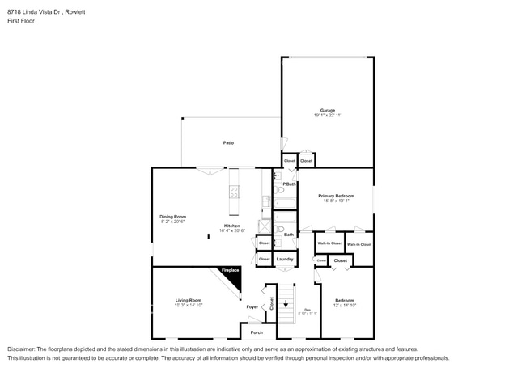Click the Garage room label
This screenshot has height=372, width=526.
(327, 110)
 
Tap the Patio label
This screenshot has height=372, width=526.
(229, 143)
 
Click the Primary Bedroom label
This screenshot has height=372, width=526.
(336, 196)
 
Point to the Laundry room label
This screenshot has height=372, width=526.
(284, 259)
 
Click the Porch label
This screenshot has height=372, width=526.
(257, 332)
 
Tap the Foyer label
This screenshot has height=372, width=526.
(252, 307)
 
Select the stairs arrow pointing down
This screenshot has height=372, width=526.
(286, 304)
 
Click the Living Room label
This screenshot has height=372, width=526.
(188, 301)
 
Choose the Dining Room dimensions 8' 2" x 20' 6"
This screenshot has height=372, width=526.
(172, 222)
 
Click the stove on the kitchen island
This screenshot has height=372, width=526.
(235, 192)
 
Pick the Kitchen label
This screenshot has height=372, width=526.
(232, 226)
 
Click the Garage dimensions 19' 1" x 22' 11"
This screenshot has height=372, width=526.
(327, 116)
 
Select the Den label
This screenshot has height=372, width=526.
(307, 311)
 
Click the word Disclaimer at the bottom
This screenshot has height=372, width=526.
(22, 348)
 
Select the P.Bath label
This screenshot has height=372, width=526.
(288, 185)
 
